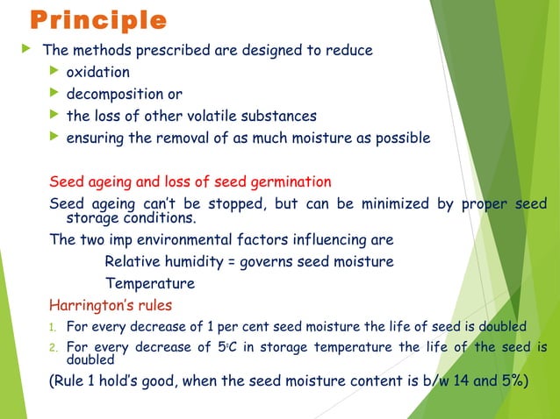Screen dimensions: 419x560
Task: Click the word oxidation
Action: (98, 72)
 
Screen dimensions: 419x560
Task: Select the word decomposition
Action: (116, 94)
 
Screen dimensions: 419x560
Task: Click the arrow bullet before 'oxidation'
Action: (55, 71)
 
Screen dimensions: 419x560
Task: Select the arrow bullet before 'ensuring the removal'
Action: (55, 137)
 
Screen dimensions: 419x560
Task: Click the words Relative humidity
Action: (157, 261)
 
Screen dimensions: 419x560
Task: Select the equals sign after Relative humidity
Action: (219, 261)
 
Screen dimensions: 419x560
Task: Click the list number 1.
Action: (52, 328)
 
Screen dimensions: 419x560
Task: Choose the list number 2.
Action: (52, 348)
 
